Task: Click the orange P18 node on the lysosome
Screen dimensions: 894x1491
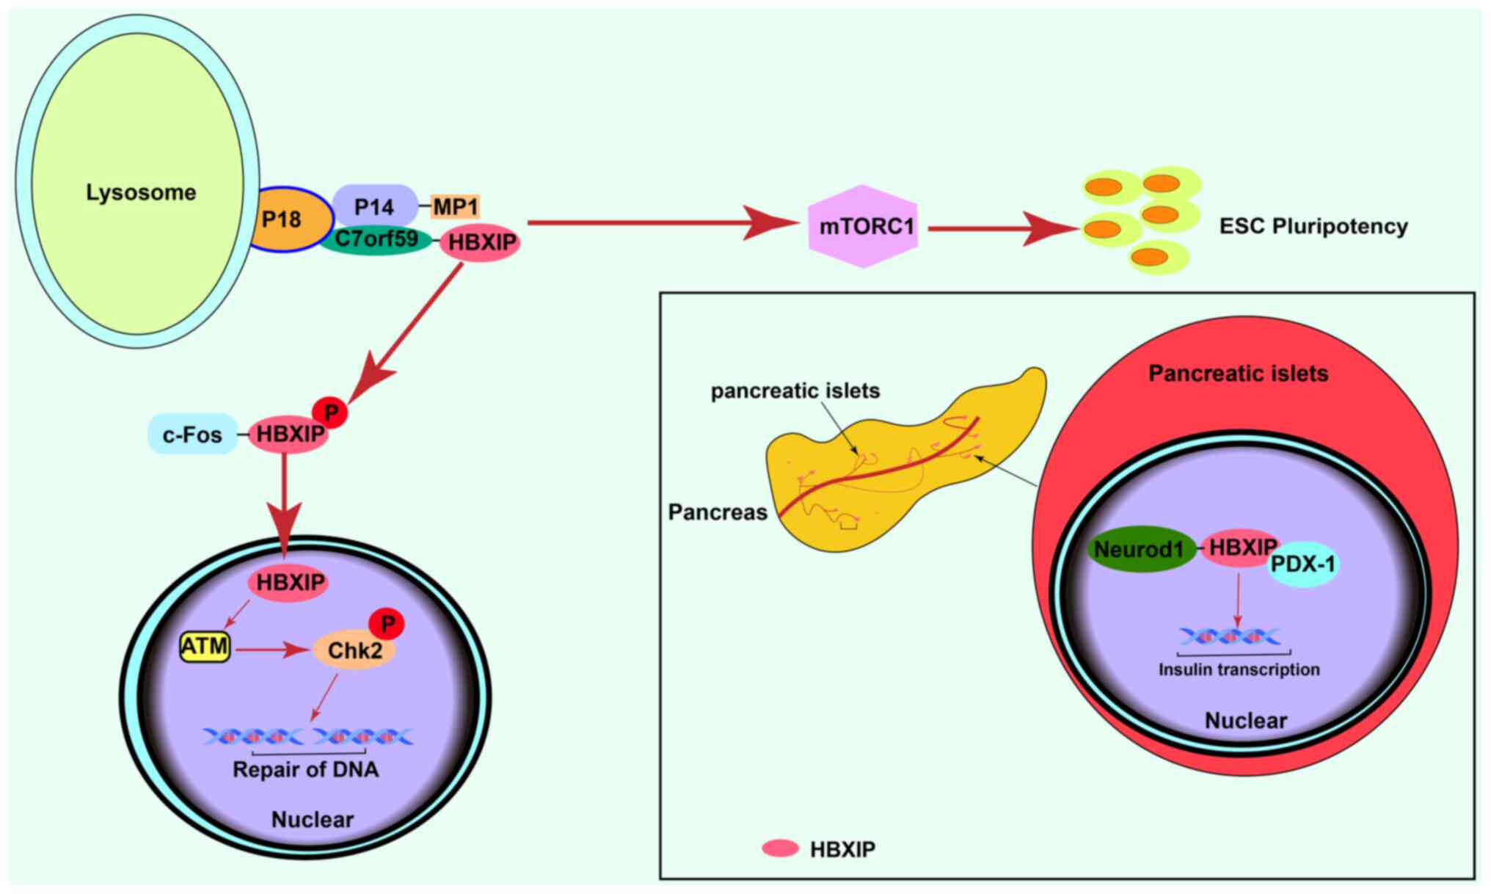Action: coord(286,219)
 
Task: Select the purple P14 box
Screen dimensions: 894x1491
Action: coord(374,206)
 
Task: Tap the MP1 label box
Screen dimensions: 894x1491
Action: coord(456,206)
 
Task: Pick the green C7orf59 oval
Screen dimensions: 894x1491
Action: coord(376,239)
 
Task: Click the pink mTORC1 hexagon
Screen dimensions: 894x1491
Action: coord(864,226)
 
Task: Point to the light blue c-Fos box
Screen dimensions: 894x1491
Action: coord(192,435)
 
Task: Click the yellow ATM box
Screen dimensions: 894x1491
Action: coord(205,647)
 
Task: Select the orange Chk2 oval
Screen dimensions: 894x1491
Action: coord(354,650)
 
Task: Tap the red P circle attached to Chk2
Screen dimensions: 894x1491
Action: coord(387,624)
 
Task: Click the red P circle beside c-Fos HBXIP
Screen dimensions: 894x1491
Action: coord(331,413)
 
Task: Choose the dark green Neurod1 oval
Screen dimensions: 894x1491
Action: coord(1140,549)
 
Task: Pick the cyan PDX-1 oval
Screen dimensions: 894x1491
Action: coord(1304,564)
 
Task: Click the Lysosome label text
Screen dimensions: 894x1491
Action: coord(141,192)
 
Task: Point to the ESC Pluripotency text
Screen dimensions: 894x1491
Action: coord(1313,226)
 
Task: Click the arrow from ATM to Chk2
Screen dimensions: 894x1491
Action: coord(271,650)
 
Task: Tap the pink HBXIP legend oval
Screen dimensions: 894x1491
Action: coord(780,848)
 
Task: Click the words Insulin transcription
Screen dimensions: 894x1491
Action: coord(1239,669)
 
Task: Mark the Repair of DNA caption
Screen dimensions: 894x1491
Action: coord(305,769)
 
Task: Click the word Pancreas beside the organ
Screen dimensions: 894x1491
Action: coord(717,512)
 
